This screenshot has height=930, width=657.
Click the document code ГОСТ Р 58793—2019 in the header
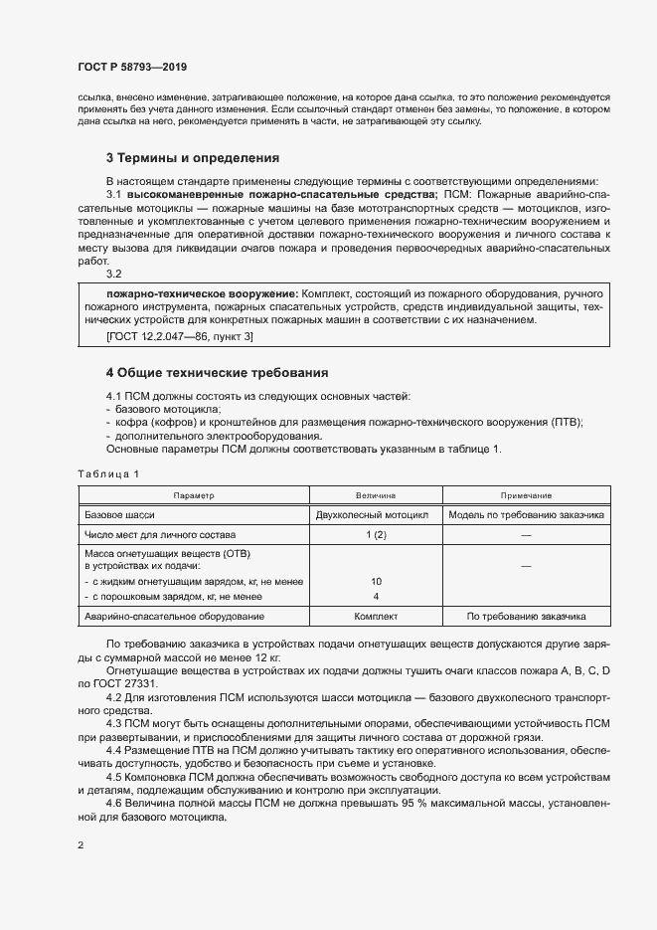coord(131,67)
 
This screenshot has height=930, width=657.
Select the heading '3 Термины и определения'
coord(192,157)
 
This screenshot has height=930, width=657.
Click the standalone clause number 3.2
coord(113,274)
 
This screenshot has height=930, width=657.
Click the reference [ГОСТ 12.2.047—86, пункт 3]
coord(179,338)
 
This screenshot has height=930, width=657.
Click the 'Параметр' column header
coord(194,494)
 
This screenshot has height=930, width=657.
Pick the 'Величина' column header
coord(376,494)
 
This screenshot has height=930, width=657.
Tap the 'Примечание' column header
coord(527,494)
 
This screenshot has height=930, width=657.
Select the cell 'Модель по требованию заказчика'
coord(527,515)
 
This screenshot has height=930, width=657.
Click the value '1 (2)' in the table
coord(376,535)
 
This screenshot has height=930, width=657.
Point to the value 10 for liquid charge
coord(376,581)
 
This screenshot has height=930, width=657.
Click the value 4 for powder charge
coord(376,596)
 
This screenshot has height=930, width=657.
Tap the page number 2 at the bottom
coord(81,845)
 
